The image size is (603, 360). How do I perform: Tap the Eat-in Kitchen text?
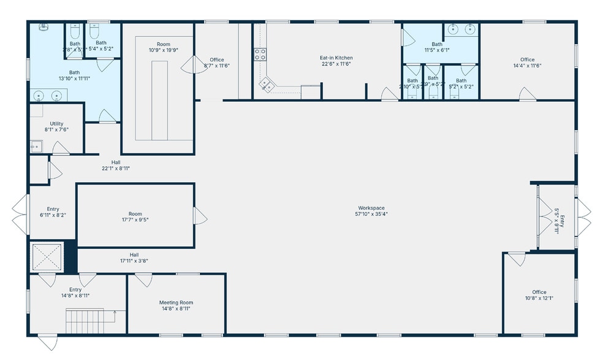[x=336, y=58]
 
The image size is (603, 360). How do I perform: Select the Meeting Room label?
[x=176, y=302]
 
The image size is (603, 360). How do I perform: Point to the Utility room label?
[x=56, y=124]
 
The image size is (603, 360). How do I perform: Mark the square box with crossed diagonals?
[x=48, y=257]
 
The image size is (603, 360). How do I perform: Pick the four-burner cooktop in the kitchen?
[x=260, y=54]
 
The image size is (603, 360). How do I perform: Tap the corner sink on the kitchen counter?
[x=267, y=85]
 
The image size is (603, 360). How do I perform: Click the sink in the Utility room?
[x=36, y=146]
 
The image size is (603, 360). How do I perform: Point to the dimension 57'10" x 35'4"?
[x=371, y=214]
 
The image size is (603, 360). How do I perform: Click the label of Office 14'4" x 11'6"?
[x=527, y=59]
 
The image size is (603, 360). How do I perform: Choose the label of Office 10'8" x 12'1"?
[x=539, y=292]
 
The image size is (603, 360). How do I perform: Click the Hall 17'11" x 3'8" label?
[x=134, y=255]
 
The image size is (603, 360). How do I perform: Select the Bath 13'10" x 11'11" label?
[x=69, y=72]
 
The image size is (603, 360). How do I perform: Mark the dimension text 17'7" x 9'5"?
[x=135, y=220]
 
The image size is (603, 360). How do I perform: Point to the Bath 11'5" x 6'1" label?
[x=437, y=44]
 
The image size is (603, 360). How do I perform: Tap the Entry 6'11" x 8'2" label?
[x=53, y=209]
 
